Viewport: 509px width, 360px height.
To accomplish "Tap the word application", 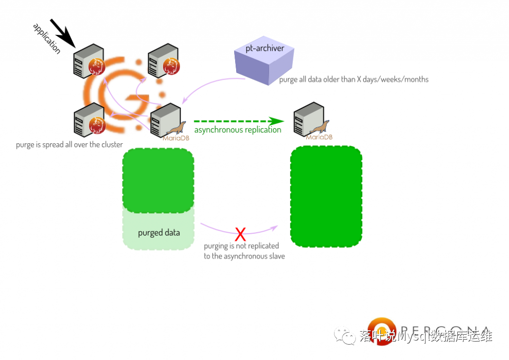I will coord(46,38).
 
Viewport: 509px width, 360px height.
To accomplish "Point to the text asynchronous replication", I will coord(238,130).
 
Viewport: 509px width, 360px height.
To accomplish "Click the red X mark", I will coord(240,233).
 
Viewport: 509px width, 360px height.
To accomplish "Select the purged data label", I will coord(159,232).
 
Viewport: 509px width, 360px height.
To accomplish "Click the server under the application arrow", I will coord(88,61).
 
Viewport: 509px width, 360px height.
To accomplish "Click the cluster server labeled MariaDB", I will coord(166,120).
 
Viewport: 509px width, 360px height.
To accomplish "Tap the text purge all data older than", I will coord(353,80).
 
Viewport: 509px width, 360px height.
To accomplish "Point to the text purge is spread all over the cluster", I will coord(69,145).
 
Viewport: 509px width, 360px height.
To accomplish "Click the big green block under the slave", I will coord(326,197).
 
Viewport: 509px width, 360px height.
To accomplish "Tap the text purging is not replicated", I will coord(241,246).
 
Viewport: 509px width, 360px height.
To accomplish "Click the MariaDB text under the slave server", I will coord(319,138).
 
